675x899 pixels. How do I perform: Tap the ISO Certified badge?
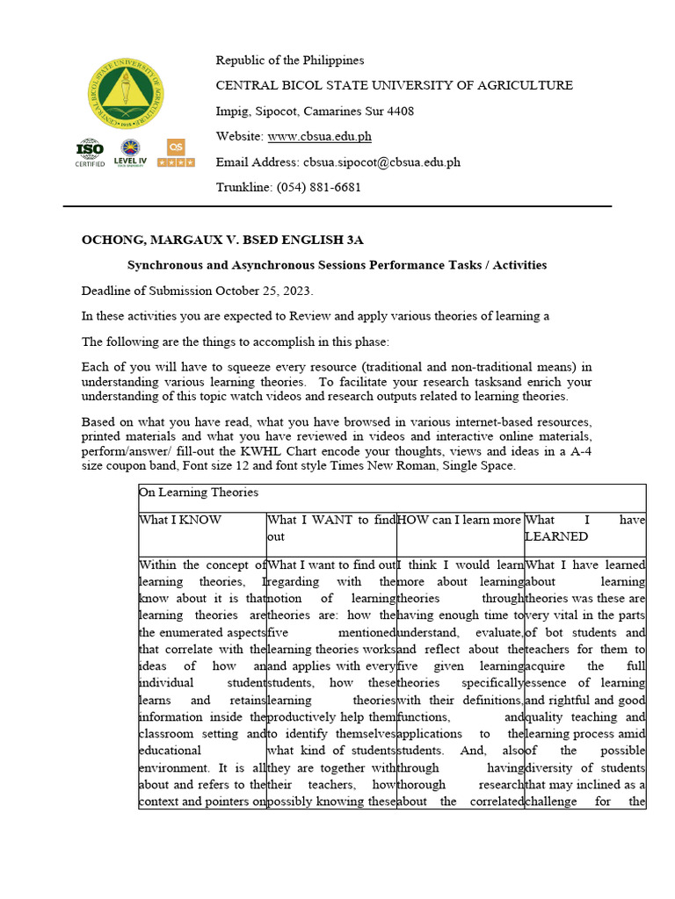[90, 153]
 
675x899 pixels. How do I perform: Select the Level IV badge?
[130, 153]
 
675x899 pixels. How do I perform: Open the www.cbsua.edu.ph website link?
[319, 136]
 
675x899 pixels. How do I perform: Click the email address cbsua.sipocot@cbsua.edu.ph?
[381, 162]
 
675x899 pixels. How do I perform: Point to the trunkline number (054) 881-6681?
[318, 187]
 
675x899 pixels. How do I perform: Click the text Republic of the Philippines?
[290, 60]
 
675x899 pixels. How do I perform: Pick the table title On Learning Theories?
[199, 493]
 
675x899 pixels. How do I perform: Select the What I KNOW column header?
[181, 520]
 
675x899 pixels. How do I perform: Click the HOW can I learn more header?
[459, 520]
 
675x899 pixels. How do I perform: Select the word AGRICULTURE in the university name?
[525, 85]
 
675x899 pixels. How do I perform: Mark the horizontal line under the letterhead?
[337, 206]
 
